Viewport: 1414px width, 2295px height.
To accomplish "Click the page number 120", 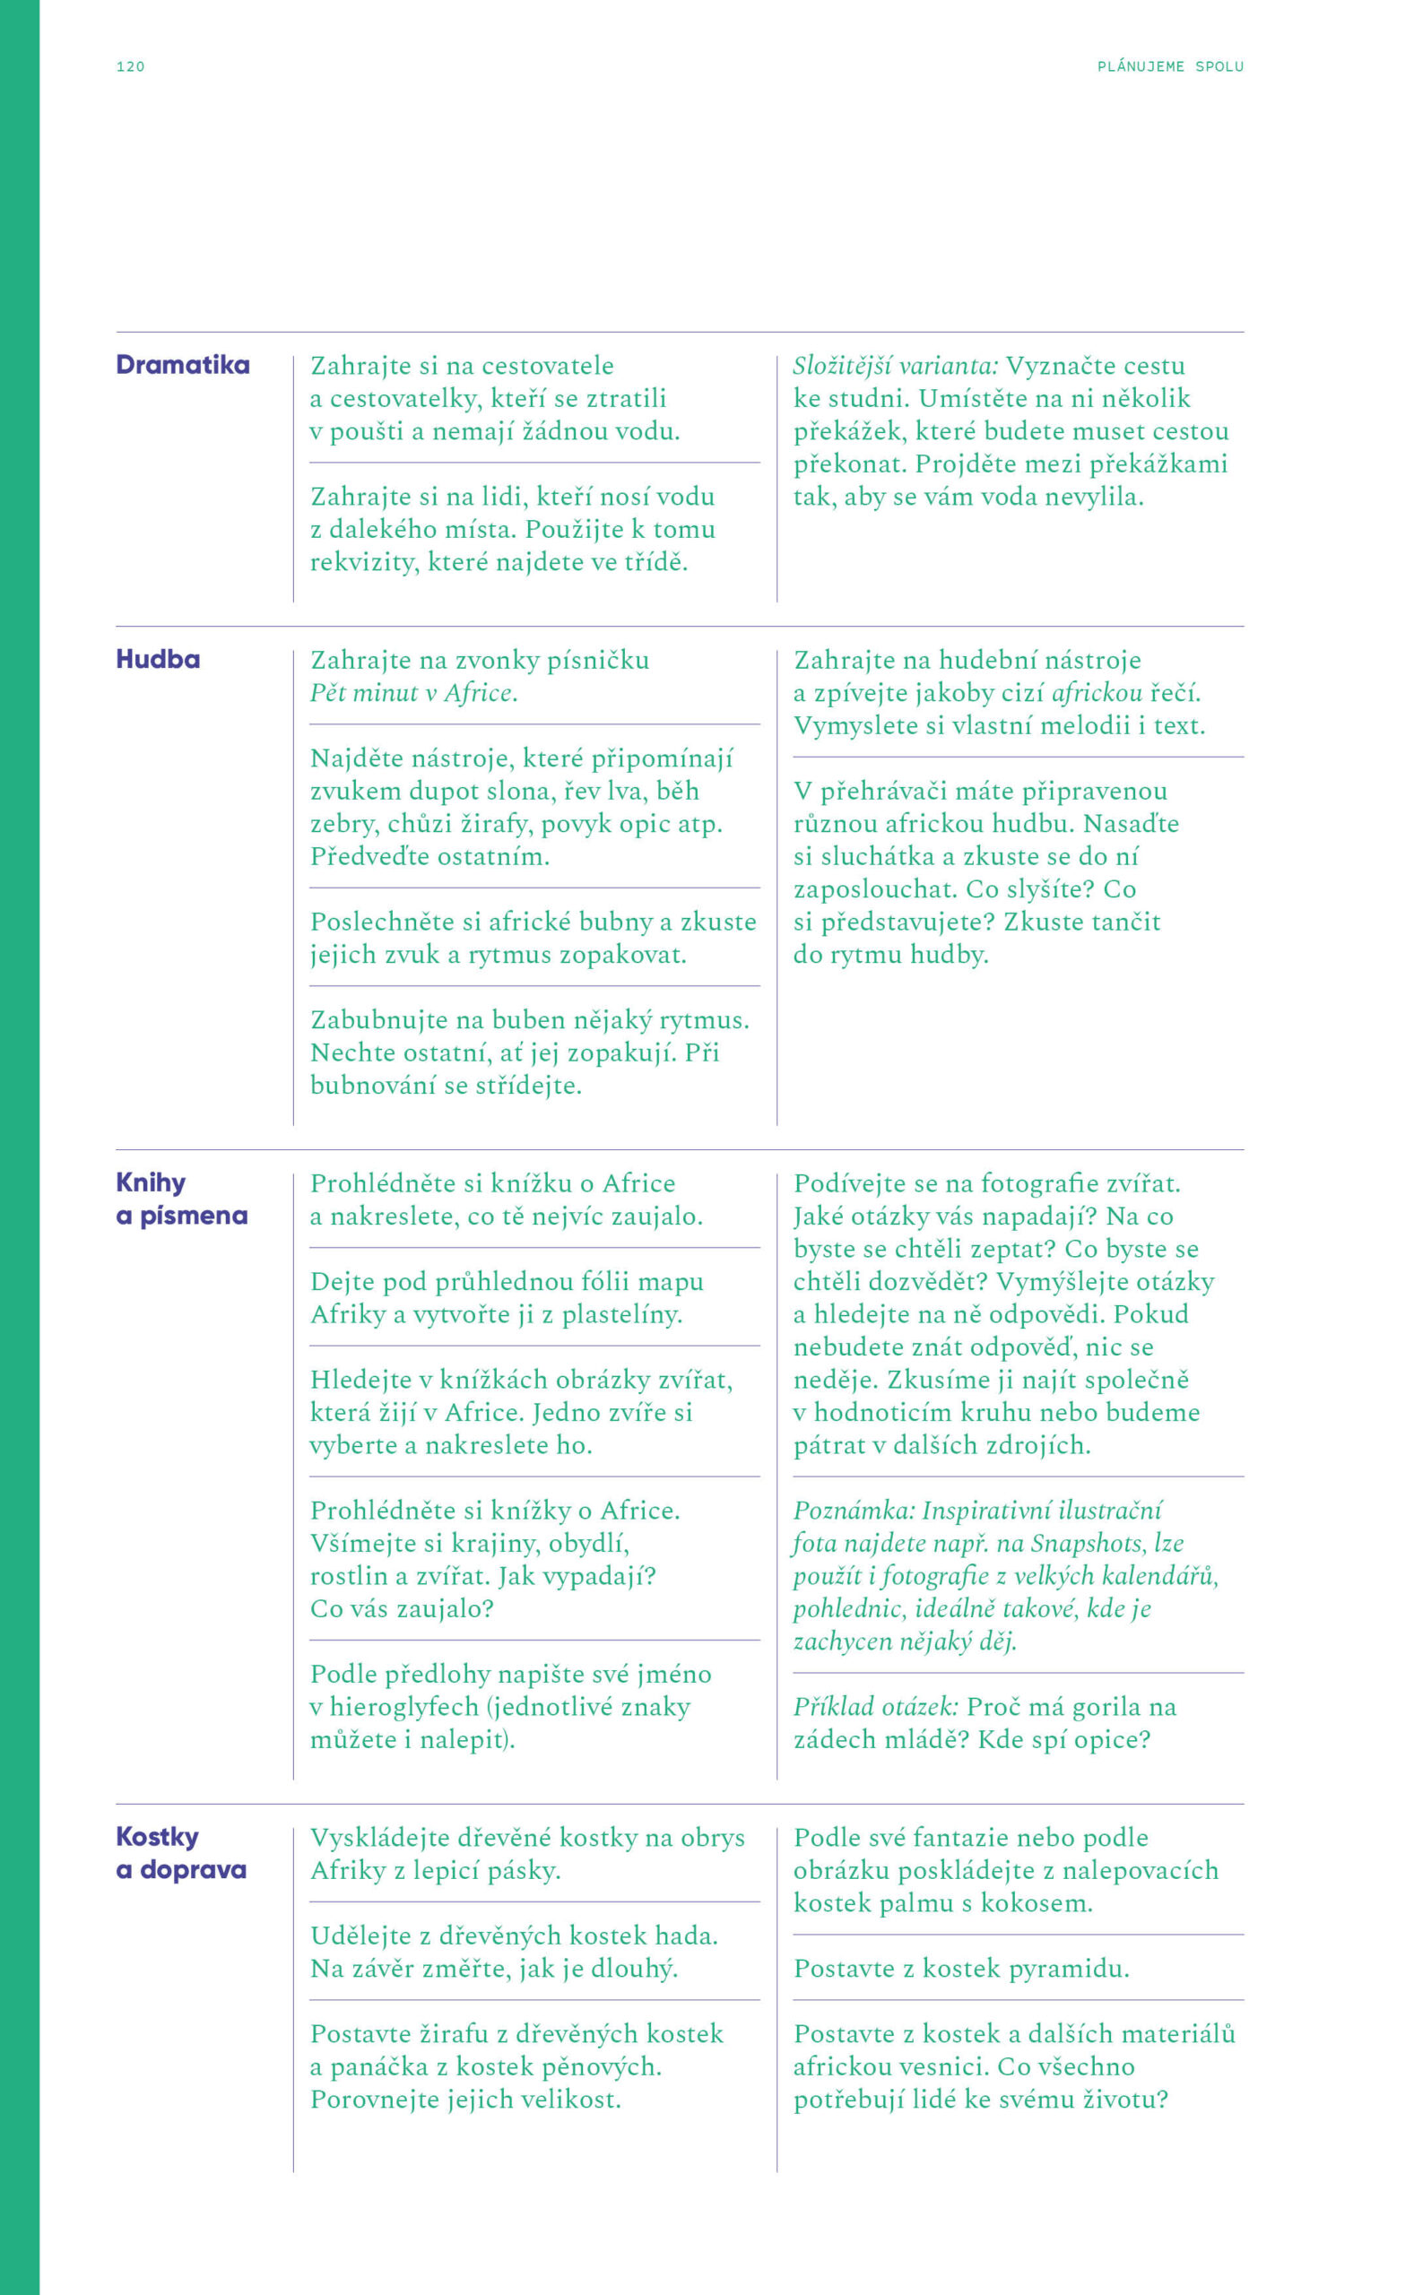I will tap(130, 66).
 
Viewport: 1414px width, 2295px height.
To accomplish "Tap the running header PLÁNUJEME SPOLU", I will tap(1170, 66).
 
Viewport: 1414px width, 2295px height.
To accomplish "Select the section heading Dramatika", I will tap(182, 365).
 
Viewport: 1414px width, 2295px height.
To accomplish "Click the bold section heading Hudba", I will tap(158, 659).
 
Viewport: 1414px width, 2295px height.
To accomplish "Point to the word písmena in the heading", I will tap(194, 1216).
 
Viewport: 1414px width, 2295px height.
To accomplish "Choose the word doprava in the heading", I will tap(193, 1870).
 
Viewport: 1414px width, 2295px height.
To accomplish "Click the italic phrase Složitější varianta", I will tap(895, 366).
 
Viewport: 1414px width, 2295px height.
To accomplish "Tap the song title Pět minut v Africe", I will tap(413, 693).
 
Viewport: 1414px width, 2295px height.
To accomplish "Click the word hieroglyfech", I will tap(404, 1706).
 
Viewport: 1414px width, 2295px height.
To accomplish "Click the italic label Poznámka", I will tap(854, 1510).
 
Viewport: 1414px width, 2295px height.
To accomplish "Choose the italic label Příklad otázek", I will tap(875, 1706).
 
